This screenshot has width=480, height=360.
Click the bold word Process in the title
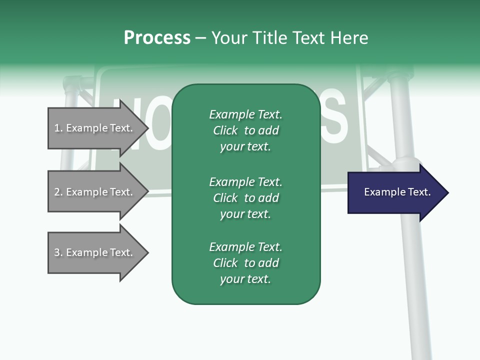pos(157,38)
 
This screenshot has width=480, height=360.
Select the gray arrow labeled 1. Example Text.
pos(95,128)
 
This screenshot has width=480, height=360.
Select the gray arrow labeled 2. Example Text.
pos(95,192)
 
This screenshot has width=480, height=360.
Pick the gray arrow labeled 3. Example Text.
pos(95,252)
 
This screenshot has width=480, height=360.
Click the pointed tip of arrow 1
pos(146,128)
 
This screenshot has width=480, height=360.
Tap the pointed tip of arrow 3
pos(146,252)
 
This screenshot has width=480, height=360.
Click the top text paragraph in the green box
pos(245,130)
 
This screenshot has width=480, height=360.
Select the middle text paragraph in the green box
pos(245,198)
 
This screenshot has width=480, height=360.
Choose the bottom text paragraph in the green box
pos(245,263)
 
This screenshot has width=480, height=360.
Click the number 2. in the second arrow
pos(58,192)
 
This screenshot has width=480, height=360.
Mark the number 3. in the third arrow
pos(58,252)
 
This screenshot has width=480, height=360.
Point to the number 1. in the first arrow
pos(58,128)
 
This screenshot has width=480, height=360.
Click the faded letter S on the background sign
pos(333,118)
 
